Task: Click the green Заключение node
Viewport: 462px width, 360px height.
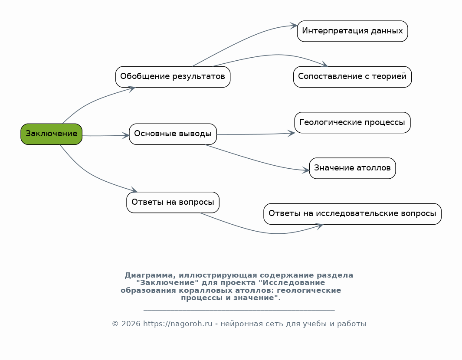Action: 51,134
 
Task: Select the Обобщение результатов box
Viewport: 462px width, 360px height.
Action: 173,77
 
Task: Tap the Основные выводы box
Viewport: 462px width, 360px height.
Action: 173,134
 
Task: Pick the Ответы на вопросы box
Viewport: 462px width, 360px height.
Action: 173,203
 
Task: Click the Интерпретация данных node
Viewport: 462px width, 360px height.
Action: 352,31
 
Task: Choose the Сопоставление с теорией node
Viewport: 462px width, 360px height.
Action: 352,77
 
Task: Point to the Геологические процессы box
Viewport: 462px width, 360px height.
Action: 352,123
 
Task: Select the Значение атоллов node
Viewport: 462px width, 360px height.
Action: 352,168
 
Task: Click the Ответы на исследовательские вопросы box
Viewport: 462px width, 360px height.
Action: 352,214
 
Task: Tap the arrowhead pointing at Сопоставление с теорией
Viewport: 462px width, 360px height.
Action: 324,65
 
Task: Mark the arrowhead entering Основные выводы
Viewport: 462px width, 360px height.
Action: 126,135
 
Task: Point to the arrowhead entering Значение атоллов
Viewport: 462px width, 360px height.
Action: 306,170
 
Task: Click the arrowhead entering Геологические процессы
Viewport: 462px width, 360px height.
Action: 292,134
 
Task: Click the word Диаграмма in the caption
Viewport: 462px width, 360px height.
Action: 148,275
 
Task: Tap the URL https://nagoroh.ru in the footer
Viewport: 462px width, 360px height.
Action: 178,324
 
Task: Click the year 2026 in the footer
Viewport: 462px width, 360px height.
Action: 131,324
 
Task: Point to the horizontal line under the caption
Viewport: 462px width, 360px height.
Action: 239,310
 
